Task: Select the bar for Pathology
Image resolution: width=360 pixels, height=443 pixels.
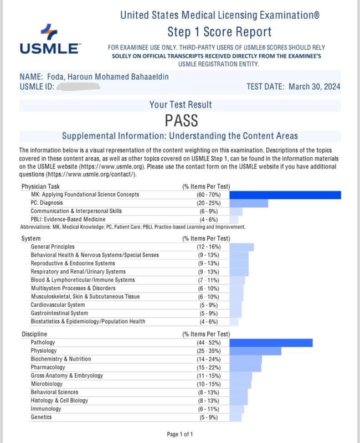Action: (271, 343)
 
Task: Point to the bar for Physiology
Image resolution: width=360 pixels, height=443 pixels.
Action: (255, 351)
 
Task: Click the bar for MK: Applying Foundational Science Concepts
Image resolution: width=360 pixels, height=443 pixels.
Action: (285, 194)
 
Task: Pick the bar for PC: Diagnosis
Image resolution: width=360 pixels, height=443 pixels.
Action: (249, 203)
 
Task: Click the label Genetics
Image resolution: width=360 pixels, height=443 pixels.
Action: (42, 417)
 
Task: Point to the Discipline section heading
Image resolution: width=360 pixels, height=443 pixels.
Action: (34, 334)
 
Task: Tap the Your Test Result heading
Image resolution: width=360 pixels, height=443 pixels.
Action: (180, 105)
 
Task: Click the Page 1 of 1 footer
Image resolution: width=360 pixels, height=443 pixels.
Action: (180, 434)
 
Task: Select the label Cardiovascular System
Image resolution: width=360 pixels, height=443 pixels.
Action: (58, 305)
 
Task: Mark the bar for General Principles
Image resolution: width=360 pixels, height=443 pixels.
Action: (241, 247)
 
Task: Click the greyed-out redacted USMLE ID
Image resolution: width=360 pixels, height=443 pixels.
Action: (78, 86)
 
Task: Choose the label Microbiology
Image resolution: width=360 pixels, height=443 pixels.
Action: (47, 384)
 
